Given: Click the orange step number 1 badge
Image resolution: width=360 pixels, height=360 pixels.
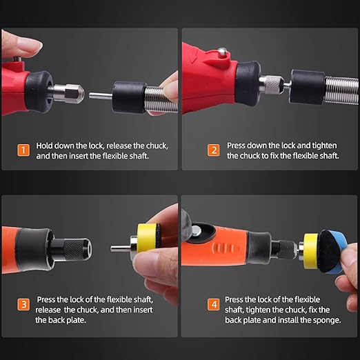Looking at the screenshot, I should coord(23,150).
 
